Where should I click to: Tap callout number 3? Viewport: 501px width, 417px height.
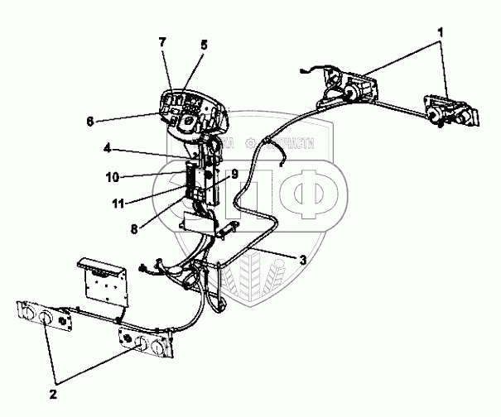pyautogui.click(x=304, y=260)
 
